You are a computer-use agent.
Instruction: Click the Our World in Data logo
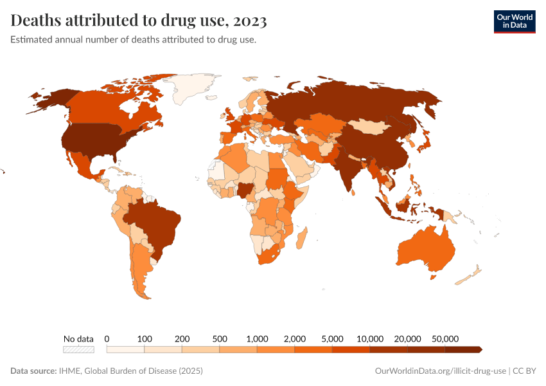pos(514,21)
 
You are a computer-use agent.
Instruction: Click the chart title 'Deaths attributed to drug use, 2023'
pos(139,21)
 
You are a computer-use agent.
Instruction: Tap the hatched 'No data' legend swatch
pos(78,349)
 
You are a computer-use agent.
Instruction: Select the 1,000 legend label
pos(257,338)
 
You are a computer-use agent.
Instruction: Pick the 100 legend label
pos(144,338)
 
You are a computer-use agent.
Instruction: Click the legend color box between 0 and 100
pos(125,349)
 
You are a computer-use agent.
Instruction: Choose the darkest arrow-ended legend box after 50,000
pos(463,349)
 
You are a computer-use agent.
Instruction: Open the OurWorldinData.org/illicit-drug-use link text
pos(440,371)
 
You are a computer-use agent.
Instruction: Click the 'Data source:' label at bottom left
pos(33,371)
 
